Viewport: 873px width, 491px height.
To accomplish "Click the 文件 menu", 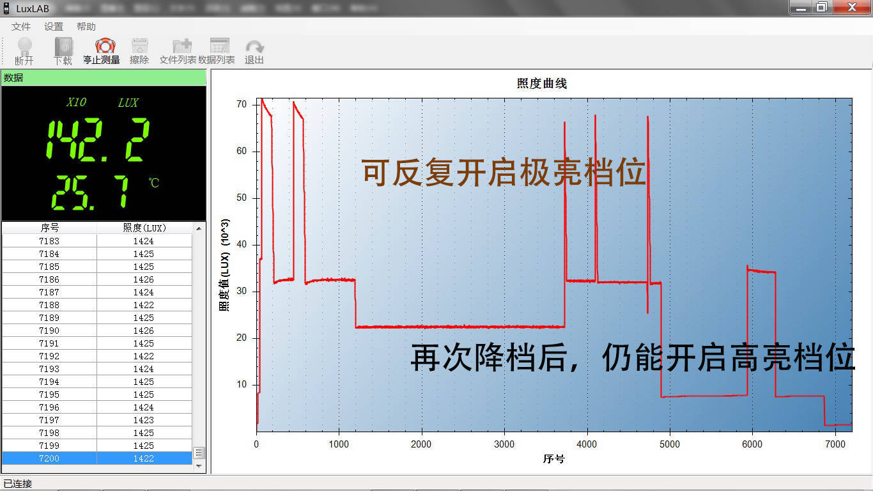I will pyautogui.click(x=21, y=27).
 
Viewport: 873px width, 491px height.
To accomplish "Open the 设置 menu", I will pyautogui.click(x=54, y=27).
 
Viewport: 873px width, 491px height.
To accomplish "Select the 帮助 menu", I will pyautogui.click(x=86, y=27).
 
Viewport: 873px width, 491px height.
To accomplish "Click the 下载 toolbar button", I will pyautogui.click(x=63, y=51).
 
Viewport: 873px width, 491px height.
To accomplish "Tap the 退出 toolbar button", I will pyautogui.click(x=254, y=51).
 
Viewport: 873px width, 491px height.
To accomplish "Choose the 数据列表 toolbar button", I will pyautogui.click(x=217, y=51).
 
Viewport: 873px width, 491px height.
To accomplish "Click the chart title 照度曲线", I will pyautogui.click(x=541, y=84).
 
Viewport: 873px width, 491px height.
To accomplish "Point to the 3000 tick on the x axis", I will pyautogui.click(x=504, y=444).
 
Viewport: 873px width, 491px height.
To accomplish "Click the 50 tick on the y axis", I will pyautogui.click(x=242, y=198).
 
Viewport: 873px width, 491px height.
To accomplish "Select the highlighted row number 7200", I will pyautogui.click(x=49, y=458).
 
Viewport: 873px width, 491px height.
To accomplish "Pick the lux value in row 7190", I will pyautogui.click(x=144, y=331).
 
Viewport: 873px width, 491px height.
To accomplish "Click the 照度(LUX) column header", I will pyautogui.click(x=144, y=228).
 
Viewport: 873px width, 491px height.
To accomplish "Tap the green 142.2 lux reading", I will pyautogui.click(x=98, y=139).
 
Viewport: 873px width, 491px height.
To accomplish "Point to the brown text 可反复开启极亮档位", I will pyautogui.click(x=504, y=173).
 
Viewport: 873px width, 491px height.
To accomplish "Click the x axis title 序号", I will pyautogui.click(x=554, y=459).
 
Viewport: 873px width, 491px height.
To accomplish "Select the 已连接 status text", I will pyautogui.click(x=18, y=484).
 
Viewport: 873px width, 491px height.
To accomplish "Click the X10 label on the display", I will pyautogui.click(x=77, y=102).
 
